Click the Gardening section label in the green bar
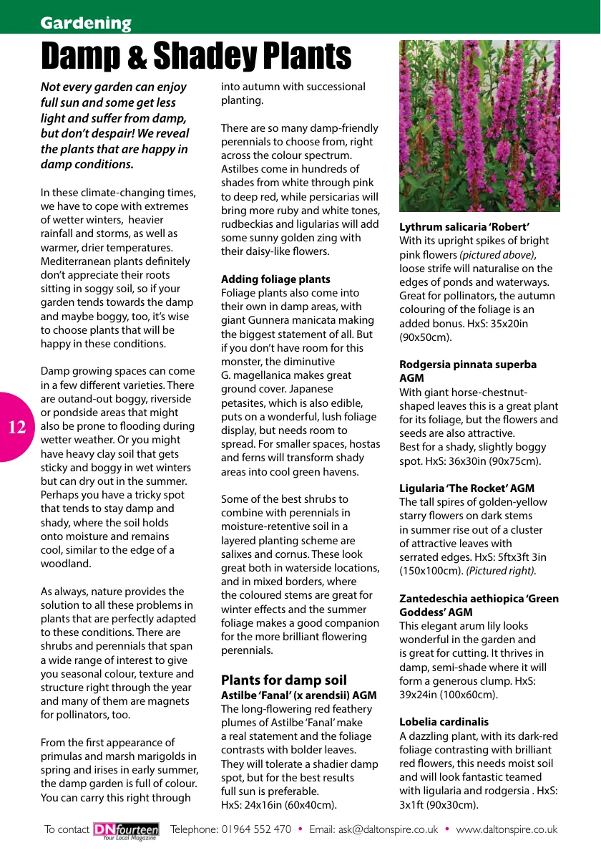coord(86,23)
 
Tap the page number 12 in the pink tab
coord(17,428)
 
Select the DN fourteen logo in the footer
coord(126,829)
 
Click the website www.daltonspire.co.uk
coord(507,829)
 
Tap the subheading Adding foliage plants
coord(275,279)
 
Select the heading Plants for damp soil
coord(283,680)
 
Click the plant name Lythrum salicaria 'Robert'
coord(464,227)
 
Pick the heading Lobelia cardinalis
coord(444,722)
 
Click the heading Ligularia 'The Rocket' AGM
coord(466,488)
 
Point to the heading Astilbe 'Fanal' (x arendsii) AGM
coord(298,695)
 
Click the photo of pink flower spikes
coord(479,126)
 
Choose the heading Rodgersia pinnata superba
coord(467,365)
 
